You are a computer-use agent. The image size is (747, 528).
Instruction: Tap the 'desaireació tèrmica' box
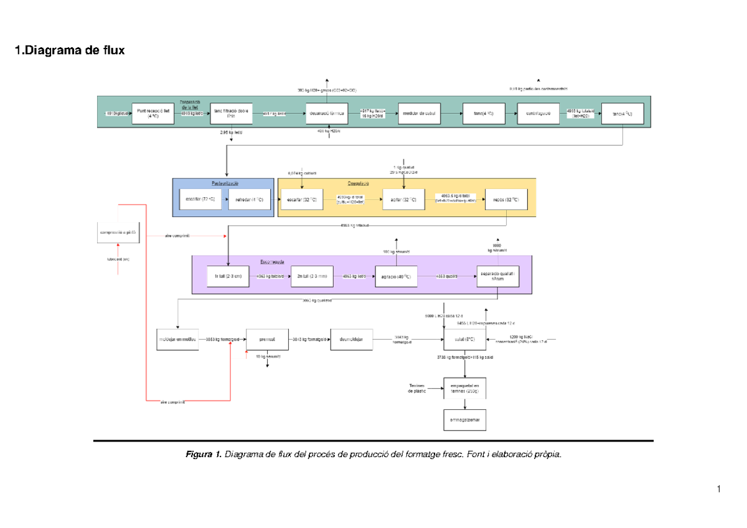[x=326, y=113]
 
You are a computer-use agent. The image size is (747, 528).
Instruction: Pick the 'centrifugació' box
[x=539, y=113]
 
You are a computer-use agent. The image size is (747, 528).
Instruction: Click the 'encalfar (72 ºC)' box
[x=200, y=200]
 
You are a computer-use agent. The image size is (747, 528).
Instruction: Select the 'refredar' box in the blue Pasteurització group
[x=250, y=200]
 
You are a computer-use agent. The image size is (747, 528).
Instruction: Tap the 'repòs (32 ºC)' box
[x=506, y=200]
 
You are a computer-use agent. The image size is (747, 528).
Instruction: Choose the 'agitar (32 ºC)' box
[x=403, y=200]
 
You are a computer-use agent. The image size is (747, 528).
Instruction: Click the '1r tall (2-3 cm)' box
[x=228, y=276]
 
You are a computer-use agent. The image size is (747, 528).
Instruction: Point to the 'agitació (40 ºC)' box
[x=395, y=276]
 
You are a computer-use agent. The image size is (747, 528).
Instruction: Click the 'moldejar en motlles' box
[x=178, y=340]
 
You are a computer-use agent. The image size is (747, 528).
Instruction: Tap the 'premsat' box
[x=268, y=340]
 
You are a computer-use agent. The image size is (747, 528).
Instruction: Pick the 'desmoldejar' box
[x=352, y=340]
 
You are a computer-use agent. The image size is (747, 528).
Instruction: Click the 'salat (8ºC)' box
[x=464, y=340]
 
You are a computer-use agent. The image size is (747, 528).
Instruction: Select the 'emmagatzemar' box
[x=464, y=419]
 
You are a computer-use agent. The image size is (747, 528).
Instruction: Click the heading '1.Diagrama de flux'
[x=70, y=50]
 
